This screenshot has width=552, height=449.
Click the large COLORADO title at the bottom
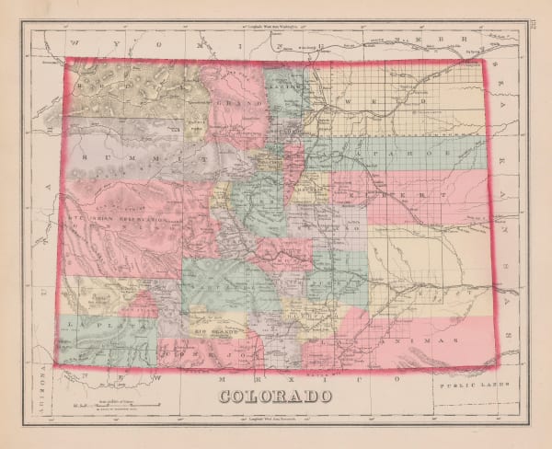pyautogui.click(x=275, y=398)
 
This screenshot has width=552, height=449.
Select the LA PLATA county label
pyautogui.click(x=91, y=325)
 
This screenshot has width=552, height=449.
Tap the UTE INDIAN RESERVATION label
pyautogui.click(x=115, y=221)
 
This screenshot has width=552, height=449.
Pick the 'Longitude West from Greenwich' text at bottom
pyautogui.click(x=275, y=420)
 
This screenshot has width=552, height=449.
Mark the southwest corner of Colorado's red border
pyautogui.click(x=60, y=364)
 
